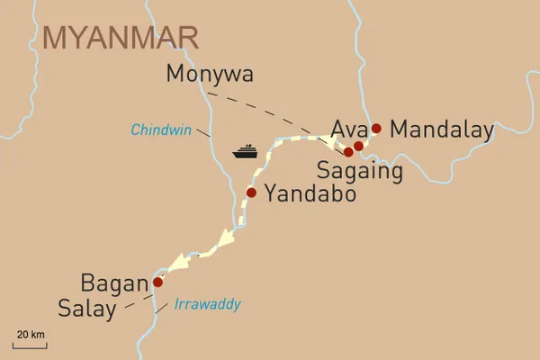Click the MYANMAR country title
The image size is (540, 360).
pos(120,37)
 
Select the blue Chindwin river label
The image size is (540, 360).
pos(161,130)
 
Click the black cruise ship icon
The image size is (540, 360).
pos(246,151)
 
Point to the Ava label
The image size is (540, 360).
pos(348,128)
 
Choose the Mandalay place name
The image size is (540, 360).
pos(443,130)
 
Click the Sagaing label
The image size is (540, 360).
pos(360,169)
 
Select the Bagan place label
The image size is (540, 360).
pos(114,283)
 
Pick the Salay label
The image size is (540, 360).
pos(87,310)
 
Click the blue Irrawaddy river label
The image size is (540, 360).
pos(208,305)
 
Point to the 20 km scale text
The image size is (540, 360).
pos(31,335)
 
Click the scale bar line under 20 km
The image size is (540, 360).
pos(31,345)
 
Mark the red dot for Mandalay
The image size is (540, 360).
pos(376,129)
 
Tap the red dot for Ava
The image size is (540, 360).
pos(358,146)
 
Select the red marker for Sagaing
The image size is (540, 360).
pos(348,152)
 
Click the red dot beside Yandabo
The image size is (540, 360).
pos(251,192)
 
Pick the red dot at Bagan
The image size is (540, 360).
pos(157,282)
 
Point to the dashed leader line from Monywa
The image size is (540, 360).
pos(270,115)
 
